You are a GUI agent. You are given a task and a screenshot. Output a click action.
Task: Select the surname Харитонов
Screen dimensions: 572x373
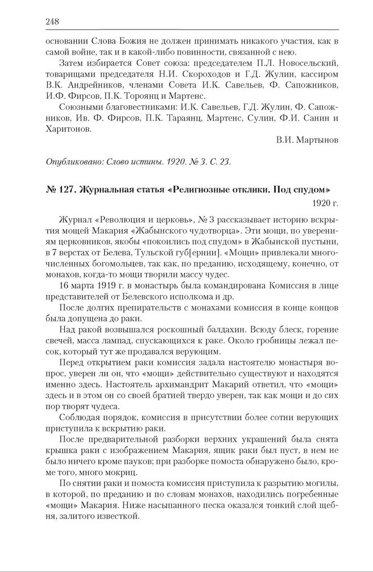[67, 129]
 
